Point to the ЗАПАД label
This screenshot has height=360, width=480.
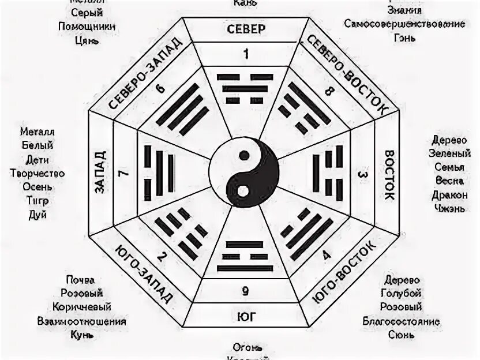click(x=99, y=172)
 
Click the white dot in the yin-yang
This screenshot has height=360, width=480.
click(x=243, y=189)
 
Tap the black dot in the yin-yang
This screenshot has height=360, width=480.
click(x=244, y=155)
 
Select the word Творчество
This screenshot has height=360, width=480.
click(x=37, y=173)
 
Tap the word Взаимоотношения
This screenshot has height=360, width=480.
click(x=81, y=321)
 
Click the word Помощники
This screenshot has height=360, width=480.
click(x=87, y=27)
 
